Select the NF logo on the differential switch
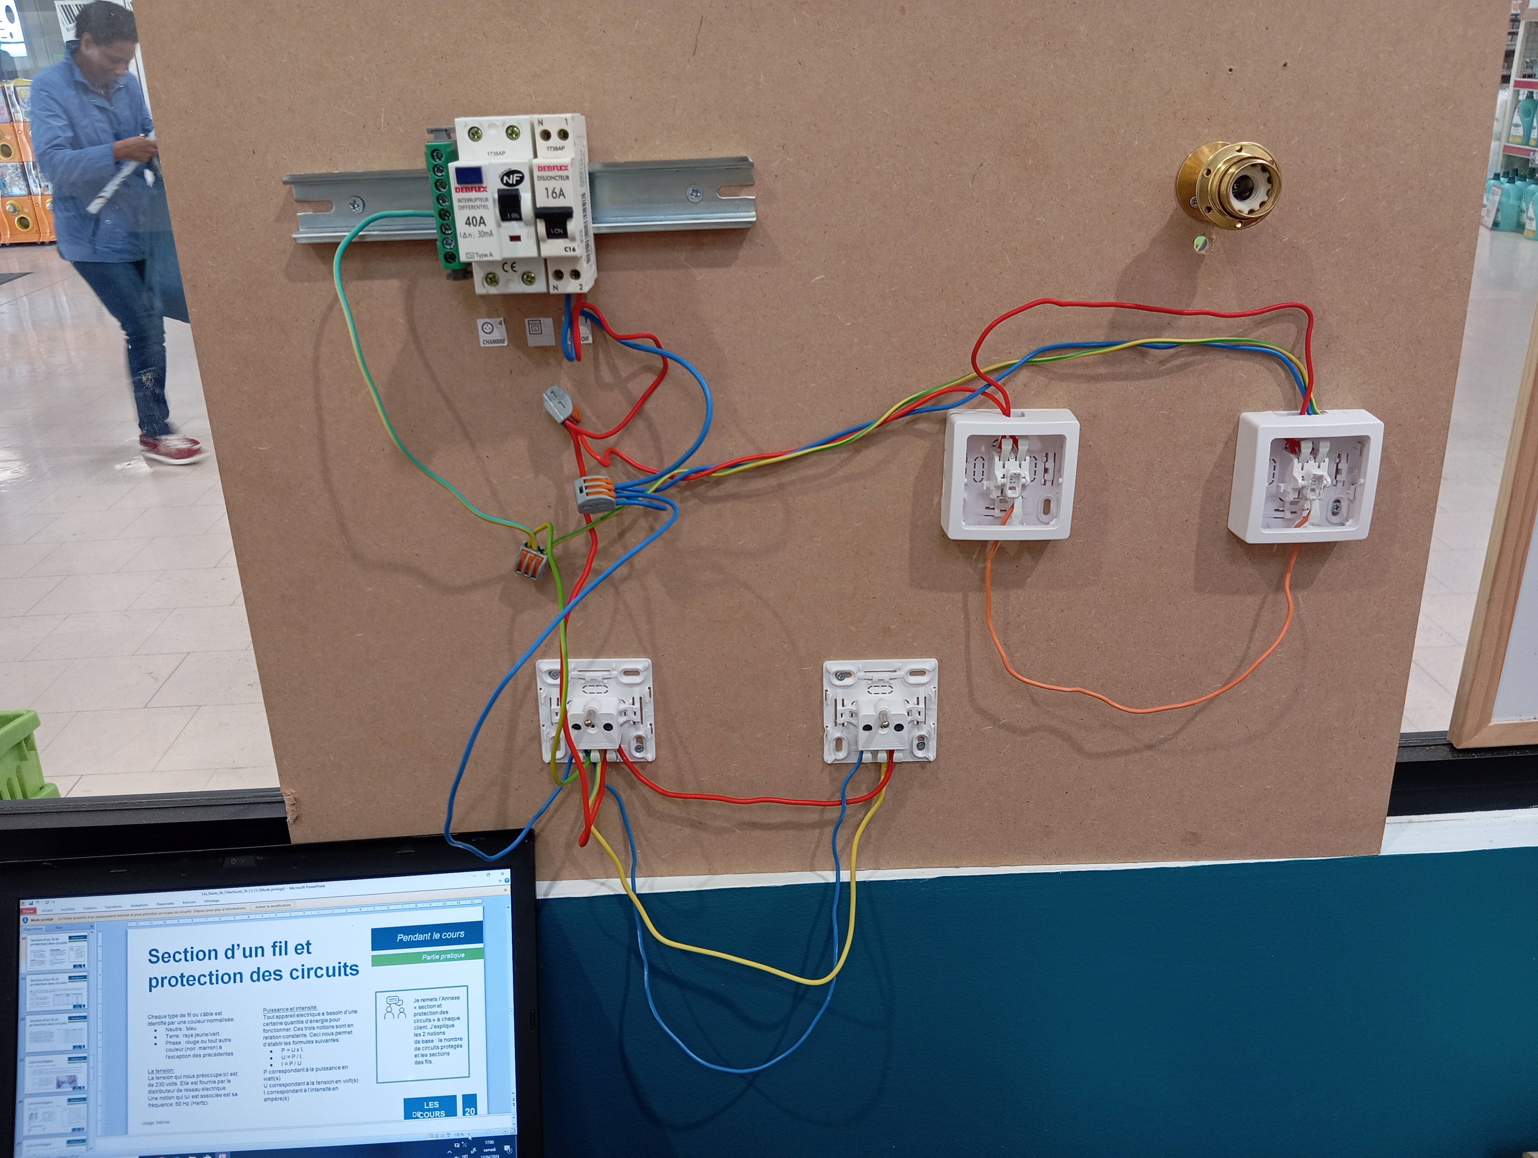click(512, 179)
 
